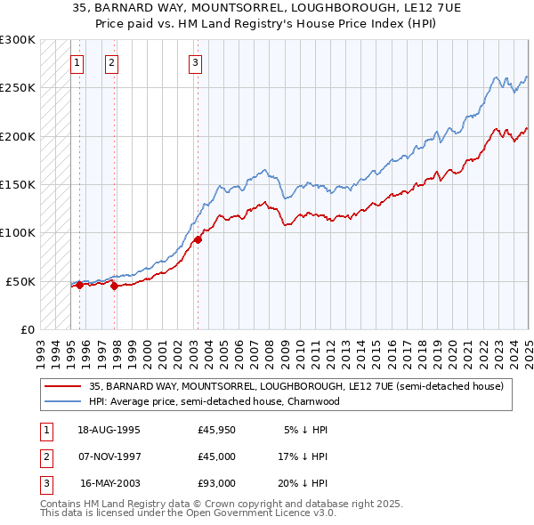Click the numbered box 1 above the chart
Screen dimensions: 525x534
pos(77,62)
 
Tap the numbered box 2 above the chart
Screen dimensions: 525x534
pos(111,62)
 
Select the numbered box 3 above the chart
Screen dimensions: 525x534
pos(195,62)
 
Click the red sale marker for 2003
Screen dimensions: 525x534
pos(198,239)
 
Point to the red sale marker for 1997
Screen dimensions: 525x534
pos(114,287)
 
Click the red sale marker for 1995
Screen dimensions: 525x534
pos(79,286)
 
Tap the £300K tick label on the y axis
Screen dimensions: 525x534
pos(18,40)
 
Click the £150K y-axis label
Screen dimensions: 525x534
pos(18,184)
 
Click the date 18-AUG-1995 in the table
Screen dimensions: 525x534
pos(109,430)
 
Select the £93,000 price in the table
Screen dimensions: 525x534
pos(216,483)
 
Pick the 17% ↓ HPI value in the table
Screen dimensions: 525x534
pos(302,456)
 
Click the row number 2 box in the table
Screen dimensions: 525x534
pos(44,456)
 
